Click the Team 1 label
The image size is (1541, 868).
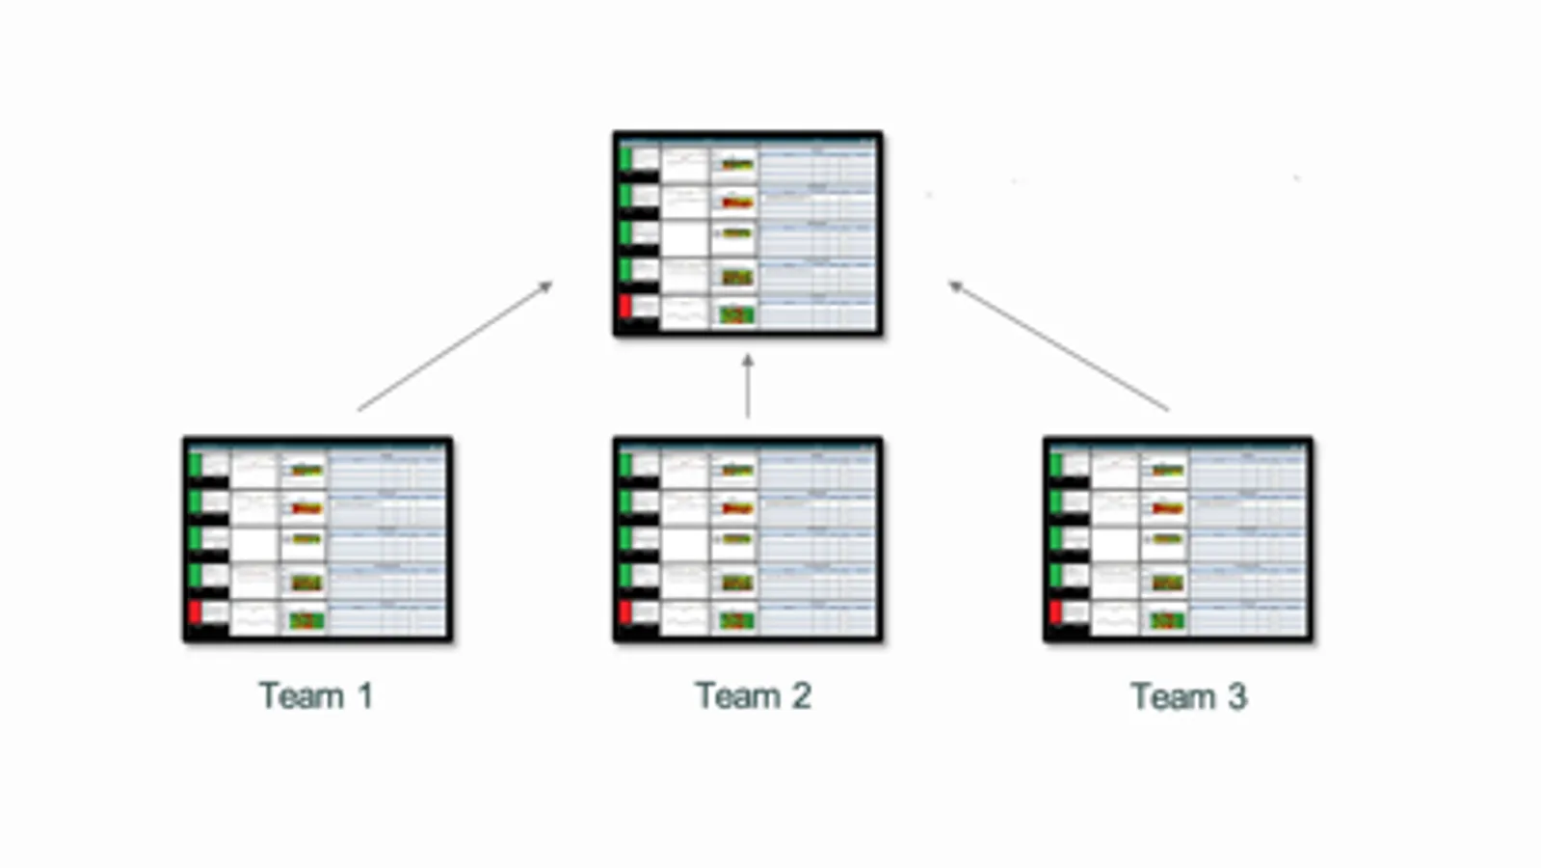(315, 695)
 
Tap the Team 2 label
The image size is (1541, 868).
(753, 695)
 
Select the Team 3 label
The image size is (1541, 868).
(1188, 696)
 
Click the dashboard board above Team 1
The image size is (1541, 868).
(318, 539)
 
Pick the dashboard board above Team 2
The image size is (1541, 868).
(748, 539)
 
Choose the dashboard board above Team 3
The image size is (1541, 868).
(1178, 539)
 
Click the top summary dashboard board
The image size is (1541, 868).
(748, 233)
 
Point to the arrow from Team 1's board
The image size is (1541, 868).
(455, 346)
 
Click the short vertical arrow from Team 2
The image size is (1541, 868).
(748, 386)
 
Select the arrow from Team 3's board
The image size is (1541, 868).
(1058, 346)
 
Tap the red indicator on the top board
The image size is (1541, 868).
(625, 307)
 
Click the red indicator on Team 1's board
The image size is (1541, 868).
(196, 612)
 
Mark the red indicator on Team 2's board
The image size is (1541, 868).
(625, 612)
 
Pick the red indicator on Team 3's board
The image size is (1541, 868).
(1056, 612)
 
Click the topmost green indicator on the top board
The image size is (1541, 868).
(625, 159)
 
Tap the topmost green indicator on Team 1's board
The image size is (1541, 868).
(196, 465)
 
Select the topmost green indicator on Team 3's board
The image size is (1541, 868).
(1056, 465)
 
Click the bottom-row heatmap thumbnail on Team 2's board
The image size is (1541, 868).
(737, 620)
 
